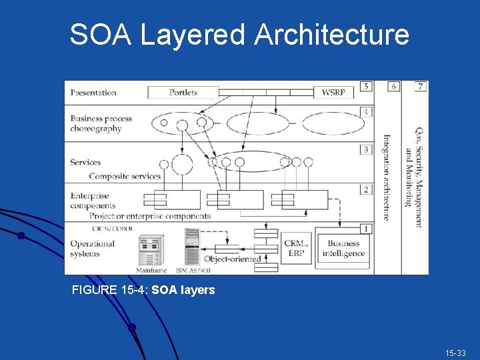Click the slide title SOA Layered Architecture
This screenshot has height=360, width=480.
pyautogui.click(x=239, y=35)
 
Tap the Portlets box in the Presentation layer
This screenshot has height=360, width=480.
pyautogui.click(x=183, y=93)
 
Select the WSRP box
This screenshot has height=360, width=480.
pyautogui.click(x=333, y=93)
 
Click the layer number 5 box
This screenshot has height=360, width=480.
pyautogui.click(x=365, y=86)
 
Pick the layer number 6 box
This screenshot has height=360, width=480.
pyautogui.click(x=393, y=86)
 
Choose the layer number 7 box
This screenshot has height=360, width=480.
pyautogui.click(x=420, y=86)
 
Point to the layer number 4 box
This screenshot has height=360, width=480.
pyautogui.click(x=365, y=112)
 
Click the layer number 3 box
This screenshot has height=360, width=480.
pyautogui.click(x=365, y=149)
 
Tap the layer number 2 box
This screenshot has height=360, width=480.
pyautogui.click(x=365, y=189)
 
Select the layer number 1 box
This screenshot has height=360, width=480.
pyautogui.click(x=365, y=229)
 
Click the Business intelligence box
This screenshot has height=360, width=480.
pyautogui.click(x=343, y=249)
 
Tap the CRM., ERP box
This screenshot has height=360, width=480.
pyautogui.click(x=296, y=249)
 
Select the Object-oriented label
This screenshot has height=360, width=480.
pyautogui.click(x=232, y=259)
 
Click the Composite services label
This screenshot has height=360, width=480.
pyautogui.click(x=125, y=177)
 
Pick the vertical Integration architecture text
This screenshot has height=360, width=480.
pyautogui.click(x=387, y=177)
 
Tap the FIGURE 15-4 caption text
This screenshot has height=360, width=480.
pyautogui.click(x=143, y=290)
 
